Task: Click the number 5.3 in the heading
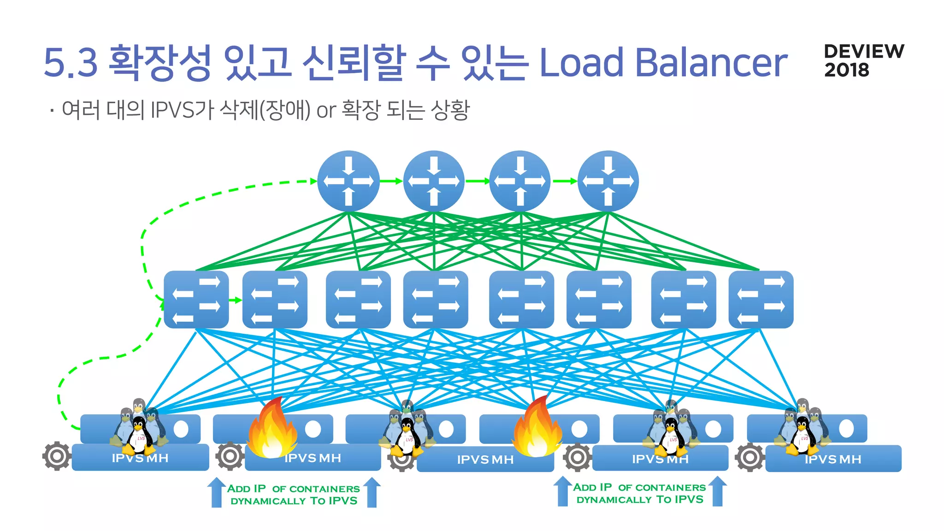71,63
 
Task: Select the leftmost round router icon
348,181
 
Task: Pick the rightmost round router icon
608,181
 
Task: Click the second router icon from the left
434,181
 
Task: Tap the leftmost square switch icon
196,300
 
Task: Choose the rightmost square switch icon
761,300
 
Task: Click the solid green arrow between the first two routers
391,181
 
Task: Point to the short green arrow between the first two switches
236,300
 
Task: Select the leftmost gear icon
57,456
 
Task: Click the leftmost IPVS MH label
140,458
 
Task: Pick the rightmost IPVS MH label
833,459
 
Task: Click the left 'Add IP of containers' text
294,495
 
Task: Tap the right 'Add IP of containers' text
640,493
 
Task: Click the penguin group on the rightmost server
802,429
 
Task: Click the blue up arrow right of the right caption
718,491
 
